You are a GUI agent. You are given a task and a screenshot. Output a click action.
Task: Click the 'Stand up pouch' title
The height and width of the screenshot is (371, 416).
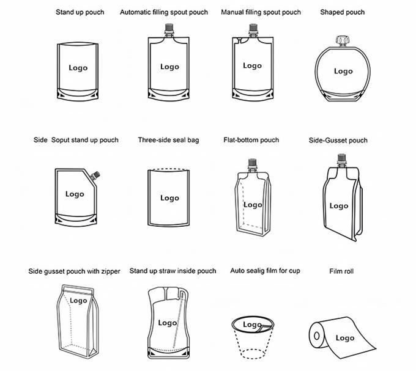pyautogui.click(x=80, y=12)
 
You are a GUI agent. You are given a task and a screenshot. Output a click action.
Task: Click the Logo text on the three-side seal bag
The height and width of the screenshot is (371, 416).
pyautogui.click(x=169, y=197)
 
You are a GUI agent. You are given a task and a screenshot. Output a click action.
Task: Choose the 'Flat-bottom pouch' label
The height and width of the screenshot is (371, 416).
pyautogui.click(x=251, y=140)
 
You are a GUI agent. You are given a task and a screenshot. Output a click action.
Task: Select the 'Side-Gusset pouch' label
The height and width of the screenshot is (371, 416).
pyautogui.click(x=338, y=141)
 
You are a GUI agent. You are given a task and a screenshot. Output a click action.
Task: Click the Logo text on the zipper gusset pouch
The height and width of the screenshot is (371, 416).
pyautogui.click(x=78, y=301)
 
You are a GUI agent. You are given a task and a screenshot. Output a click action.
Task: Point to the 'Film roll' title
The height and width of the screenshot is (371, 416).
pyautogui.click(x=341, y=271)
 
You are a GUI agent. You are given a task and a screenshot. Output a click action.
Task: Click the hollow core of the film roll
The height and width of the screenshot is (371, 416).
pyautogui.click(x=316, y=336)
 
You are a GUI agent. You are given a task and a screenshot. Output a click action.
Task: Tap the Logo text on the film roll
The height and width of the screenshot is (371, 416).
pyautogui.click(x=344, y=338)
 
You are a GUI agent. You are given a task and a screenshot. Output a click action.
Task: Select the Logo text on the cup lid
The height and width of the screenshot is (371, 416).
pyautogui.click(x=251, y=325)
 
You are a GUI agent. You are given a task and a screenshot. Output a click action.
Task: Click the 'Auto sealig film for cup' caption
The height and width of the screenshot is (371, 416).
pyautogui.click(x=264, y=271)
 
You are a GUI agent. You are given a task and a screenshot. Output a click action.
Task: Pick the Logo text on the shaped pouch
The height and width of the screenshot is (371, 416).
pyautogui.click(x=343, y=71)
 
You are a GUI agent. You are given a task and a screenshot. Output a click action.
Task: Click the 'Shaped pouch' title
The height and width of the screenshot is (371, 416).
pyautogui.click(x=342, y=12)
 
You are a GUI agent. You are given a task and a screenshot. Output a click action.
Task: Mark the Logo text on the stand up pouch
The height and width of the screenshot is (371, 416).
pyautogui.click(x=78, y=68)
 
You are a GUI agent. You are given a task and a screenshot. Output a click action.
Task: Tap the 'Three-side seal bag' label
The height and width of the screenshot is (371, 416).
pyautogui.click(x=168, y=140)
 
